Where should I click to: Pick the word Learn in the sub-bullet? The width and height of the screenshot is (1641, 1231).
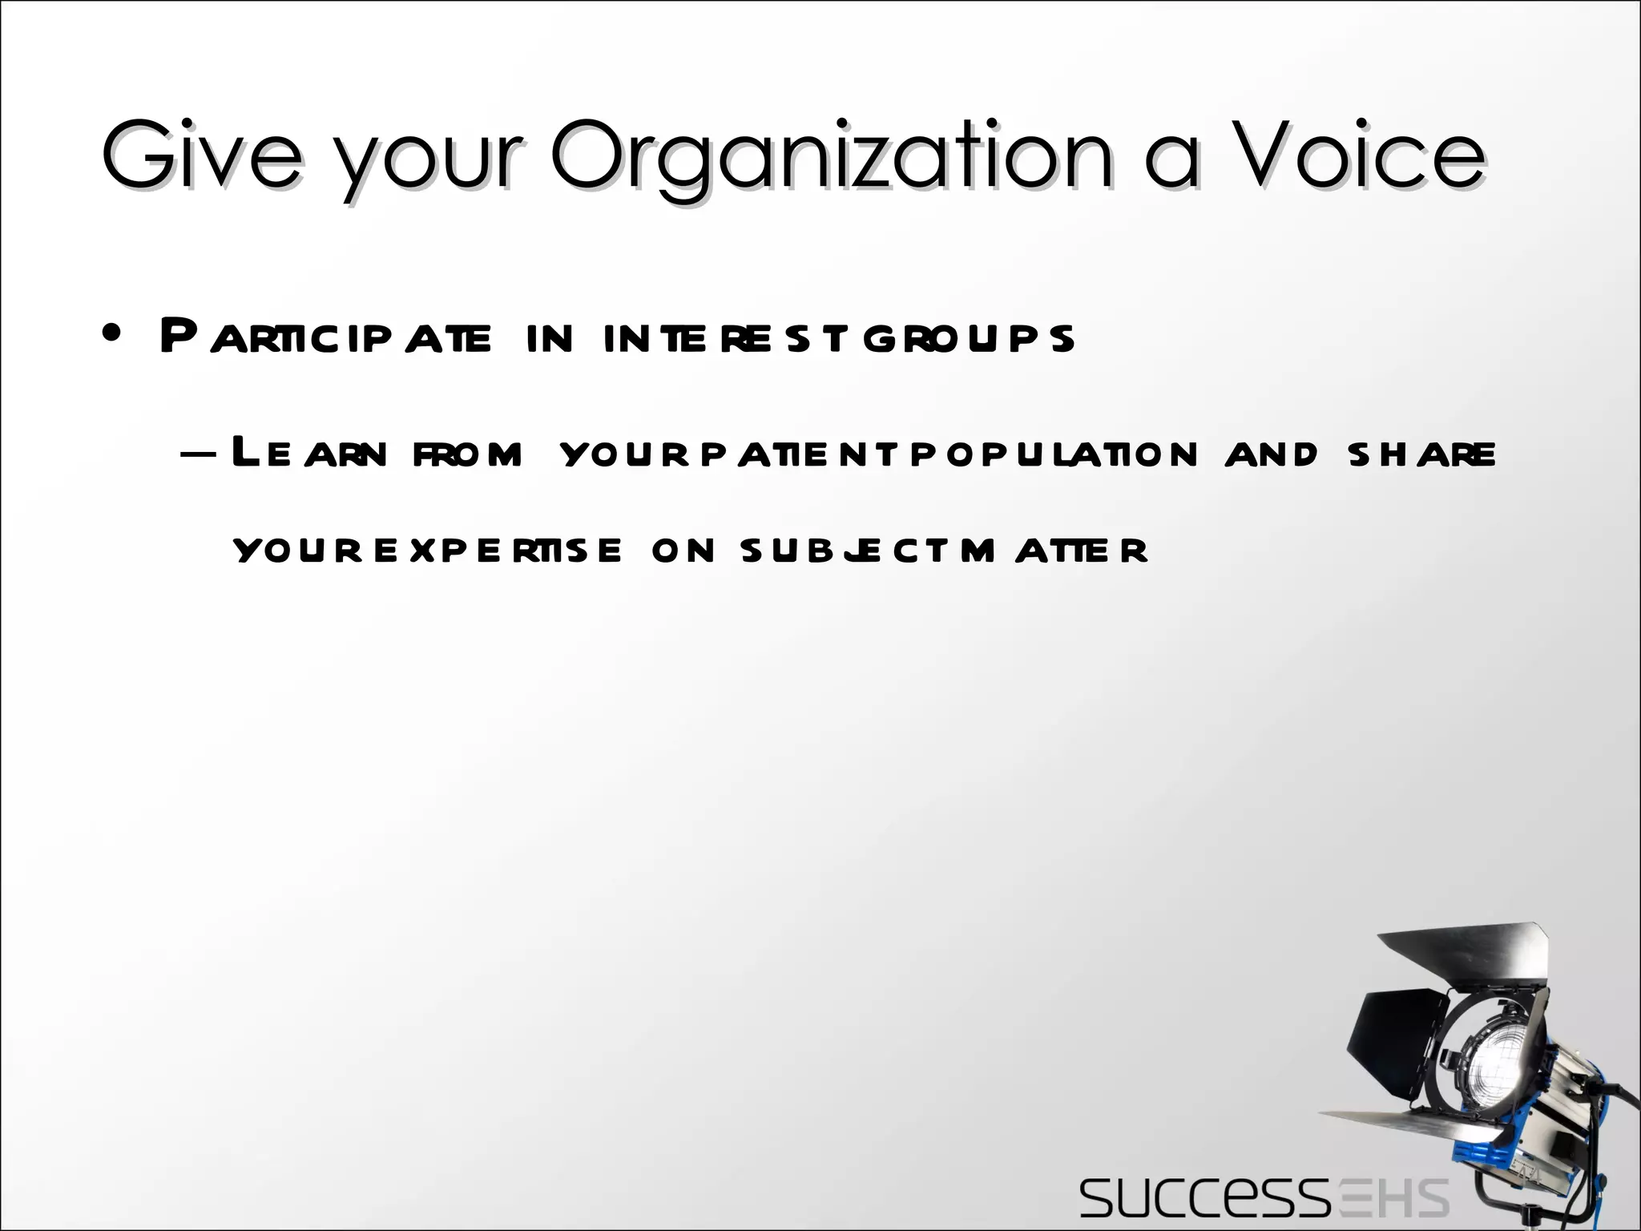point(308,454)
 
